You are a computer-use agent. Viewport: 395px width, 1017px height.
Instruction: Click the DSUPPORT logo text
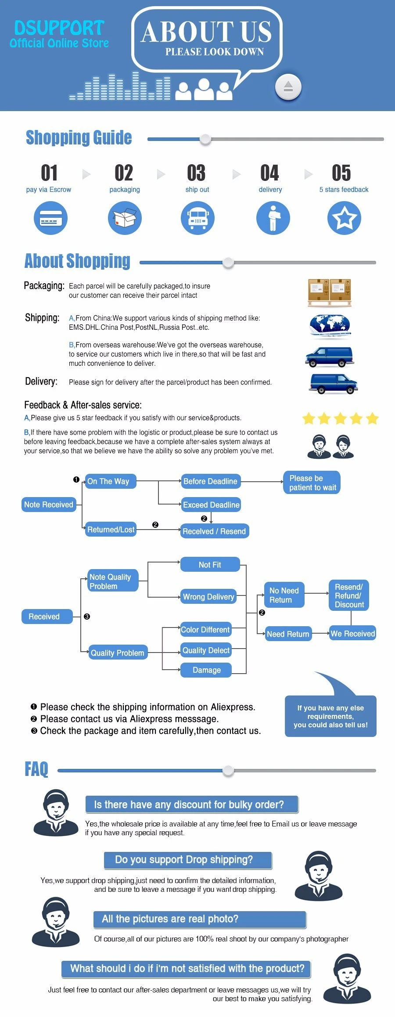pyautogui.click(x=59, y=28)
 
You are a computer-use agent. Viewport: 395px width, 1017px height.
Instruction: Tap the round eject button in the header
pyautogui.click(x=288, y=87)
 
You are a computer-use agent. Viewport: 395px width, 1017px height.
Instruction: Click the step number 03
pyautogui.click(x=196, y=173)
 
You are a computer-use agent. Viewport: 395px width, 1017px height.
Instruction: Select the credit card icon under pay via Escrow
pyautogui.click(x=51, y=218)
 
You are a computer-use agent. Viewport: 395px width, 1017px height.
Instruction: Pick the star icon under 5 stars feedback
pyautogui.click(x=344, y=218)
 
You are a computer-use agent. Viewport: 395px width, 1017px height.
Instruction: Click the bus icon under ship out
pyautogui.click(x=197, y=218)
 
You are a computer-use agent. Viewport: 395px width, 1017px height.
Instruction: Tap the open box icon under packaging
pyautogui.click(x=125, y=218)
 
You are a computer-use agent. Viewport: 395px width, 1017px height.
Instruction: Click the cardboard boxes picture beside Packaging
pyautogui.click(x=330, y=292)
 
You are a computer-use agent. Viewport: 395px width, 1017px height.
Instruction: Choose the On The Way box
pyautogui.click(x=110, y=481)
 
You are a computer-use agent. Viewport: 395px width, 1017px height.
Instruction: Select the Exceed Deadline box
pyautogui.click(x=211, y=505)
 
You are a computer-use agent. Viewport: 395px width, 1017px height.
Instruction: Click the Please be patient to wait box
pyautogui.click(x=312, y=483)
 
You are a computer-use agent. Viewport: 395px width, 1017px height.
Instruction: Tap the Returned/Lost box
pyautogui.click(x=111, y=530)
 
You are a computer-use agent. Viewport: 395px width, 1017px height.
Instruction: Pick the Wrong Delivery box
pyautogui.click(x=208, y=597)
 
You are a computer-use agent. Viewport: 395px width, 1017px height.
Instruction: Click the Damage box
pyautogui.click(x=206, y=670)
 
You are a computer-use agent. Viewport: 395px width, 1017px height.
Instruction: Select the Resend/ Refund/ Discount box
pyautogui.click(x=349, y=596)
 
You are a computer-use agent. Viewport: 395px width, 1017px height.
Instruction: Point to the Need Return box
pyautogui.click(x=288, y=634)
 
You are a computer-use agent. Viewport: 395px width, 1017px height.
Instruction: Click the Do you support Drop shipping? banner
pyautogui.click(x=188, y=860)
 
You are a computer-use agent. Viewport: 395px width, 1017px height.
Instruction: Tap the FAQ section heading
pyautogui.click(x=36, y=769)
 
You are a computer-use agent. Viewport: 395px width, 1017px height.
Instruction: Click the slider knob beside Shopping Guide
pyautogui.click(x=205, y=139)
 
